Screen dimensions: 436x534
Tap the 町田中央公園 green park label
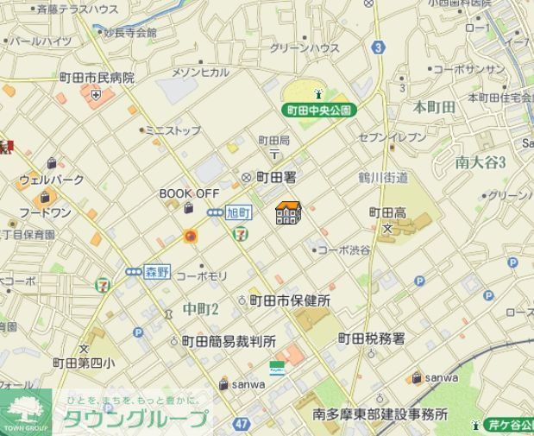click(318, 111)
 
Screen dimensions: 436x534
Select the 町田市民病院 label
click(97, 78)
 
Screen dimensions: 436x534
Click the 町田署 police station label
click(277, 177)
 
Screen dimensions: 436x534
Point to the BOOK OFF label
click(190, 194)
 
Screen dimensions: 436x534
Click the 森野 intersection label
click(157, 270)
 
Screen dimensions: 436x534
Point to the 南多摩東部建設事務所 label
click(380, 414)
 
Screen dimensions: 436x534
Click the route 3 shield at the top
click(378, 48)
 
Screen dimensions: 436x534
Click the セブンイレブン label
click(393, 137)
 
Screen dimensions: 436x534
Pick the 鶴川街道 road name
click(383, 178)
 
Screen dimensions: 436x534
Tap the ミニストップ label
click(173, 130)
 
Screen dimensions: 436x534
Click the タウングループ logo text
click(135, 420)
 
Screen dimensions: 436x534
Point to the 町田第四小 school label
click(83, 363)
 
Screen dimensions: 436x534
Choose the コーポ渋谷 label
click(343, 250)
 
